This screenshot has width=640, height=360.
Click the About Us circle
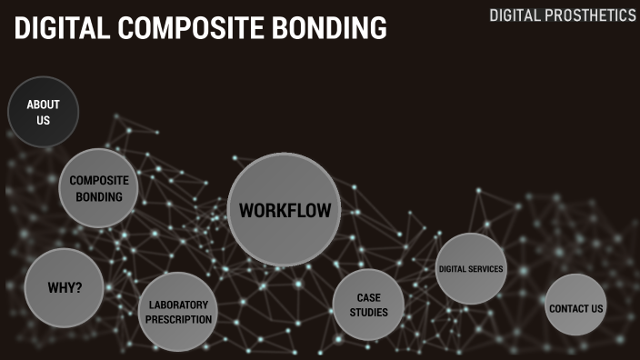[x=43, y=112]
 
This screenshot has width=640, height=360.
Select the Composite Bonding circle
[x=99, y=188]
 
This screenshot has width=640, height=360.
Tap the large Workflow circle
[x=284, y=210]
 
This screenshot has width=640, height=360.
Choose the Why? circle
[x=65, y=288]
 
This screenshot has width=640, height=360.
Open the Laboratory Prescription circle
[x=178, y=312]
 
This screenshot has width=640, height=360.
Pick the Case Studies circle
[x=368, y=305]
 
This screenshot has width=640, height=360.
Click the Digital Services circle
[x=470, y=269]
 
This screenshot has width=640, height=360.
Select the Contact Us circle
[x=575, y=308]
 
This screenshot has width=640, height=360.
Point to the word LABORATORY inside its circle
[x=178, y=305]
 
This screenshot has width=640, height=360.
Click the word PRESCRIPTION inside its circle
[x=178, y=319]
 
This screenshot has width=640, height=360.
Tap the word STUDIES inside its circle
[x=368, y=313]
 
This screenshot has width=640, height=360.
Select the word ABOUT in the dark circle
[x=43, y=105]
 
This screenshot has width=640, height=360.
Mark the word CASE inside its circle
[x=368, y=297]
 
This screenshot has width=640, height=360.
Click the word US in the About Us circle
[x=43, y=120]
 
